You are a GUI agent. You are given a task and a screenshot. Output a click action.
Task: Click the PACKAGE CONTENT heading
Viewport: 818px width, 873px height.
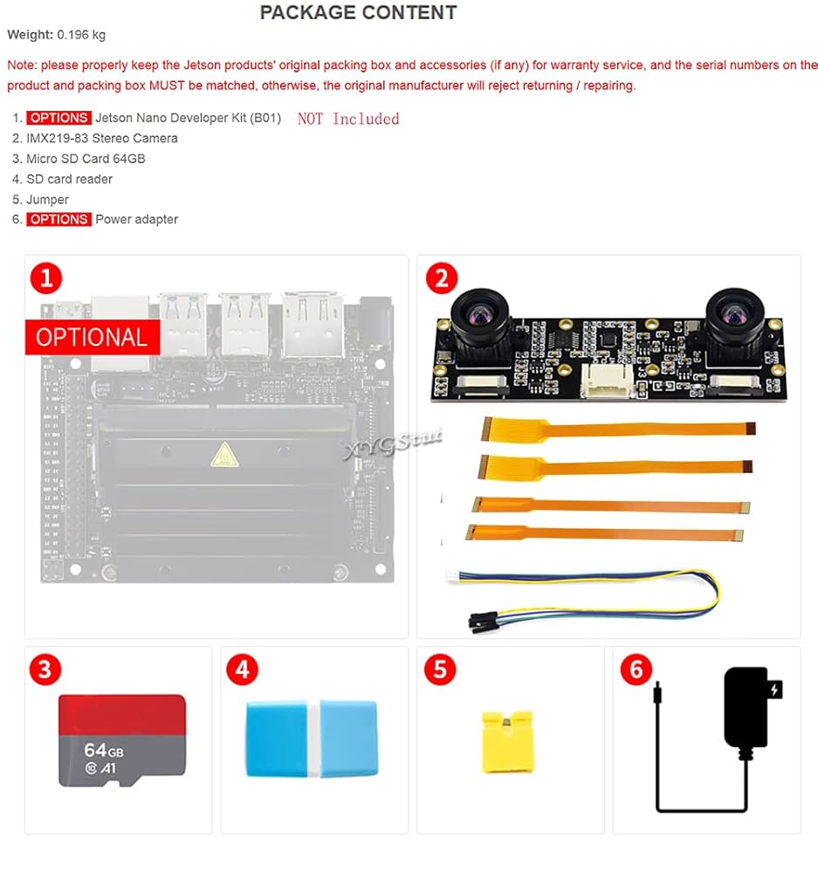click(358, 13)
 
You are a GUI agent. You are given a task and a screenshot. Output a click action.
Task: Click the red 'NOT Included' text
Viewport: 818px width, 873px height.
click(348, 119)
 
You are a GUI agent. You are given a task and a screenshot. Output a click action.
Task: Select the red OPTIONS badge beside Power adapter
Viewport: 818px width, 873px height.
click(58, 219)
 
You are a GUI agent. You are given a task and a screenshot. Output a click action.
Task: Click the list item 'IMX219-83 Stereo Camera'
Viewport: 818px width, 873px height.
click(101, 138)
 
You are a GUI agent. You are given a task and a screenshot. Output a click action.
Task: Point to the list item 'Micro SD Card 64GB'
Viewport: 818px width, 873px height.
click(86, 159)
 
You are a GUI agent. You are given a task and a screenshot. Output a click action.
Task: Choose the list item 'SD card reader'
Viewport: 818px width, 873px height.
click(69, 179)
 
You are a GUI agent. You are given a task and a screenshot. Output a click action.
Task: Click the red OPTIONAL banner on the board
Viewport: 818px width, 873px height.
click(92, 337)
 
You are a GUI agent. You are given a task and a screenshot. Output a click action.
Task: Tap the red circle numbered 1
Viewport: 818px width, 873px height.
click(46, 278)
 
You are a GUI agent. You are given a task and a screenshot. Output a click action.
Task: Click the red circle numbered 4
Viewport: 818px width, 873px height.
click(242, 670)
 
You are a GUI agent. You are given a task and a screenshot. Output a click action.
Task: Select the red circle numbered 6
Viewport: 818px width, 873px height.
click(636, 670)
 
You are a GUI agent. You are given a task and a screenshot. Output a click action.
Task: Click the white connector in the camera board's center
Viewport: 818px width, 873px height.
click(602, 376)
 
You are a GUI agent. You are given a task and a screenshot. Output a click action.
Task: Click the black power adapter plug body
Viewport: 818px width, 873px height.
click(746, 707)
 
